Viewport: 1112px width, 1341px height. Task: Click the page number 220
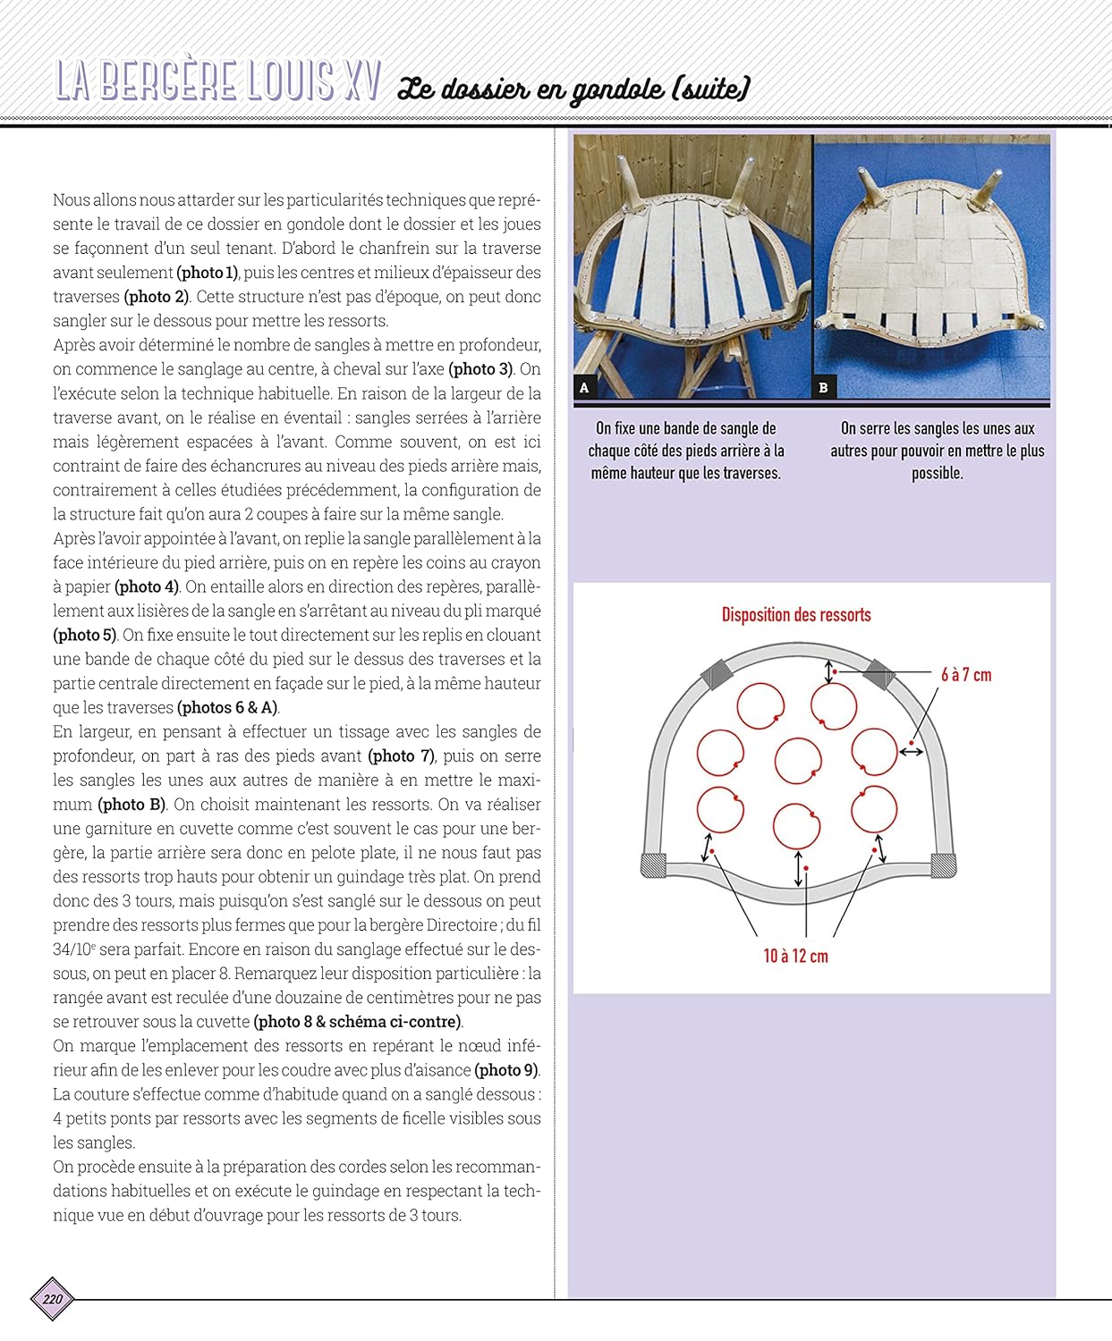tap(53, 1299)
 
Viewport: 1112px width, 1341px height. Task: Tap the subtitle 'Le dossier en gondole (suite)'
tap(573, 89)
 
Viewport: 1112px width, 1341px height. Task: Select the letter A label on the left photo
tap(584, 387)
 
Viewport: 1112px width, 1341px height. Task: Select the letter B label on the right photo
tap(823, 387)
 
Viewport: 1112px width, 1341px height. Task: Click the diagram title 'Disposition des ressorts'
tap(796, 615)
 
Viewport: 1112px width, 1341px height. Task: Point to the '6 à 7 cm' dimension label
tap(966, 675)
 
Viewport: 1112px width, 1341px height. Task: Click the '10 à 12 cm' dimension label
tap(795, 956)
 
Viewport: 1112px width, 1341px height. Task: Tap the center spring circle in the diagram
tap(798, 761)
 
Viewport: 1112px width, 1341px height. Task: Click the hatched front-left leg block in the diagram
tap(654, 865)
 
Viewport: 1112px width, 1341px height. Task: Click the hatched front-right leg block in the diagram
tap(944, 865)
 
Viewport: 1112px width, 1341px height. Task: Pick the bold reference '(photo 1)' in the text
tap(208, 273)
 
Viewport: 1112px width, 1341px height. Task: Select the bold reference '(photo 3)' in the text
tap(480, 369)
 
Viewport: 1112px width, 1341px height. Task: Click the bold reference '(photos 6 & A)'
tap(228, 707)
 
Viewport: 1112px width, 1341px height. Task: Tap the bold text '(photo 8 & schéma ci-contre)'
tap(358, 1021)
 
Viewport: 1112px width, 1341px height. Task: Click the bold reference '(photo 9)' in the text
tap(506, 1069)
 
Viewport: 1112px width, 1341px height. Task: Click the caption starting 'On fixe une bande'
tap(686, 451)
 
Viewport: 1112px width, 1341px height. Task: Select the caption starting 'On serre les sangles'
tap(937, 451)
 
